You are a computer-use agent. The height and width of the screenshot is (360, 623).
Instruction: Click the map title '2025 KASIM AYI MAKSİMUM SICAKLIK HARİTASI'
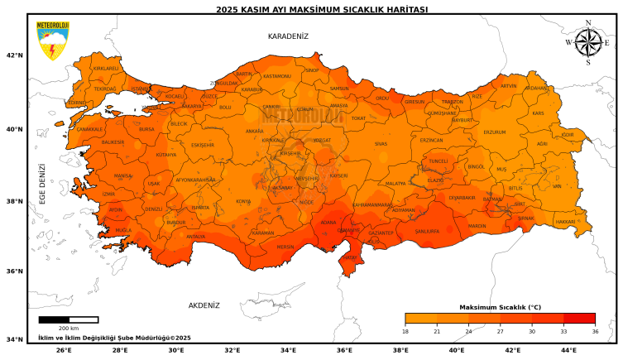[x=310, y=10]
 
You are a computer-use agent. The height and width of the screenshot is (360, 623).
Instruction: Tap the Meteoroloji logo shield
[x=52, y=40]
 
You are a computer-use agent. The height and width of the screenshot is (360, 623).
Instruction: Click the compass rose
[x=587, y=42]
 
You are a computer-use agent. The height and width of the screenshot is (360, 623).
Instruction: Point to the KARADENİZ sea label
[x=288, y=36]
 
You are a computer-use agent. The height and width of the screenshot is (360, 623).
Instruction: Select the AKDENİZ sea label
[x=204, y=305]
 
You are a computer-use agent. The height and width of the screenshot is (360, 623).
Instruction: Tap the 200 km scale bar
[x=69, y=319]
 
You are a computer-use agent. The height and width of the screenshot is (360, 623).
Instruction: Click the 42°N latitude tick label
[x=14, y=55]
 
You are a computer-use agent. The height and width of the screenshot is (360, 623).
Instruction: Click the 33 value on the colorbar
[x=563, y=331]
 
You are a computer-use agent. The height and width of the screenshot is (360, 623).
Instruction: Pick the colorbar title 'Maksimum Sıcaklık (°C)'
[x=500, y=307]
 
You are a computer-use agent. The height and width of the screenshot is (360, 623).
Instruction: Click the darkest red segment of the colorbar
[x=579, y=318]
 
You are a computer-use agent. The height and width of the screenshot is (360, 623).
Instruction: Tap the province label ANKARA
[x=254, y=131]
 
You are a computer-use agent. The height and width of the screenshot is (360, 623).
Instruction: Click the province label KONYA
[x=243, y=201]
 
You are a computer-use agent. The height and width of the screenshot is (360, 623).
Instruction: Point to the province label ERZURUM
[x=494, y=132]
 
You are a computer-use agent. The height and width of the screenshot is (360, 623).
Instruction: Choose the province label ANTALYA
[x=195, y=237]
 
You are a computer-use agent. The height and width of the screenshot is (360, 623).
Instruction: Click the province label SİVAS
[x=381, y=144]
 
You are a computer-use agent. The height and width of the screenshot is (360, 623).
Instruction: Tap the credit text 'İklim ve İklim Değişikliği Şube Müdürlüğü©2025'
[x=114, y=338]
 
